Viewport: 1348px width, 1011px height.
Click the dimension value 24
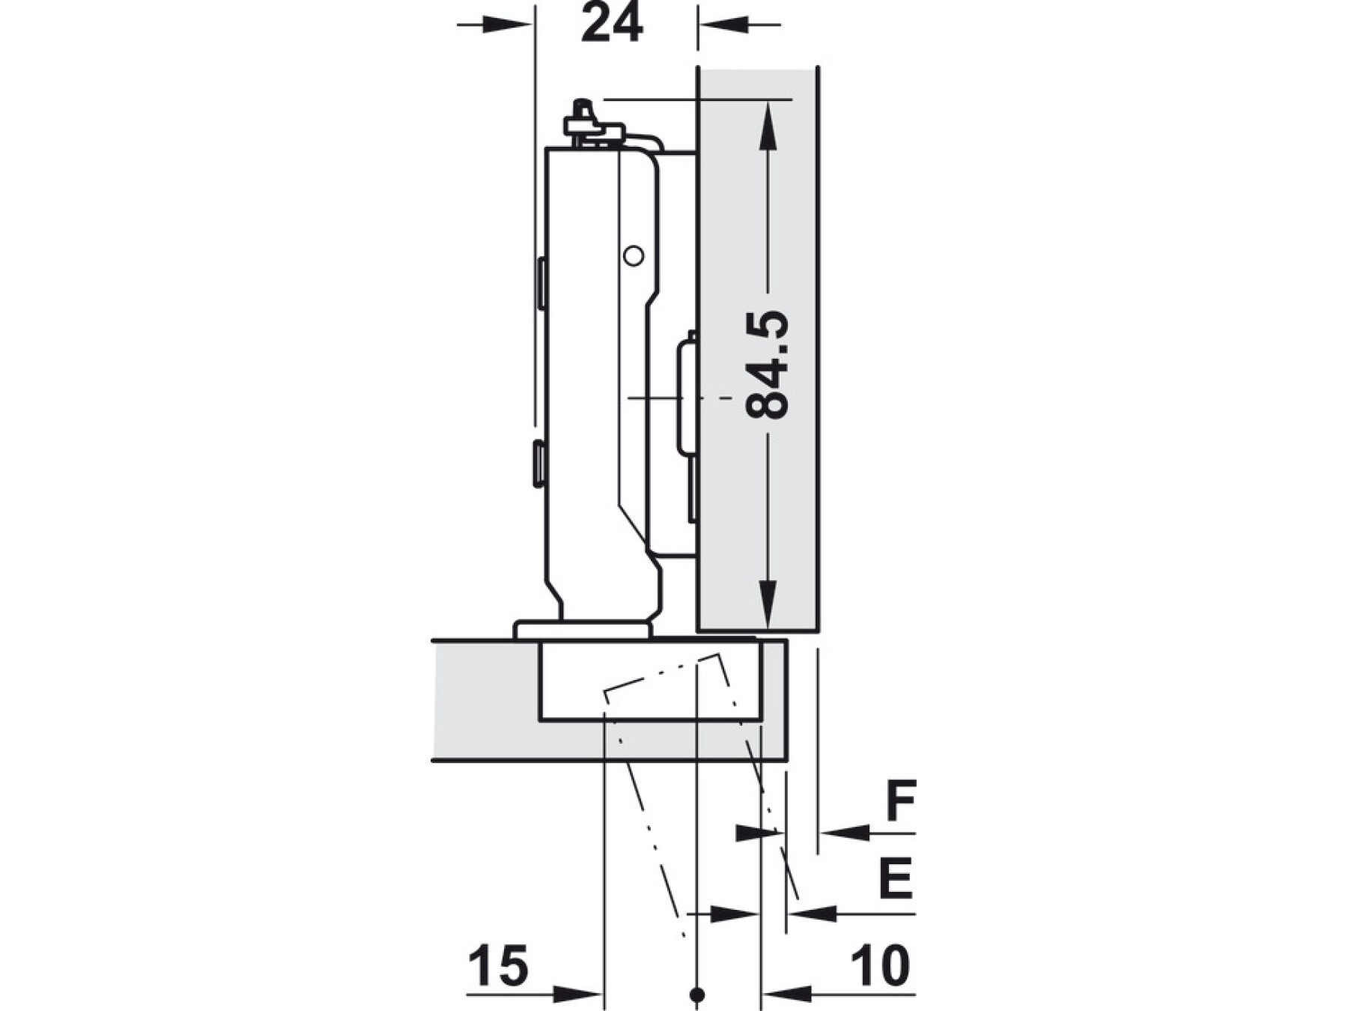pyautogui.click(x=612, y=25)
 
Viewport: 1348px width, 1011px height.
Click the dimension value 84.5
pyautogui.click(x=768, y=365)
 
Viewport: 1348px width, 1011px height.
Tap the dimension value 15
pyautogui.click(x=499, y=965)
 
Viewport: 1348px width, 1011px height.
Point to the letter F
pyautogui.click(x=901, y=801)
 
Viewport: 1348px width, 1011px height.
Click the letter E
pyautogui.click(x=896, y=878)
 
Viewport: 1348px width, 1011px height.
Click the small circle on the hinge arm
pyautogui.click(x=634, y=257)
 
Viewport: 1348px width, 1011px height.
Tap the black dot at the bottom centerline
pyautogui.click(x=697, y=995)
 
